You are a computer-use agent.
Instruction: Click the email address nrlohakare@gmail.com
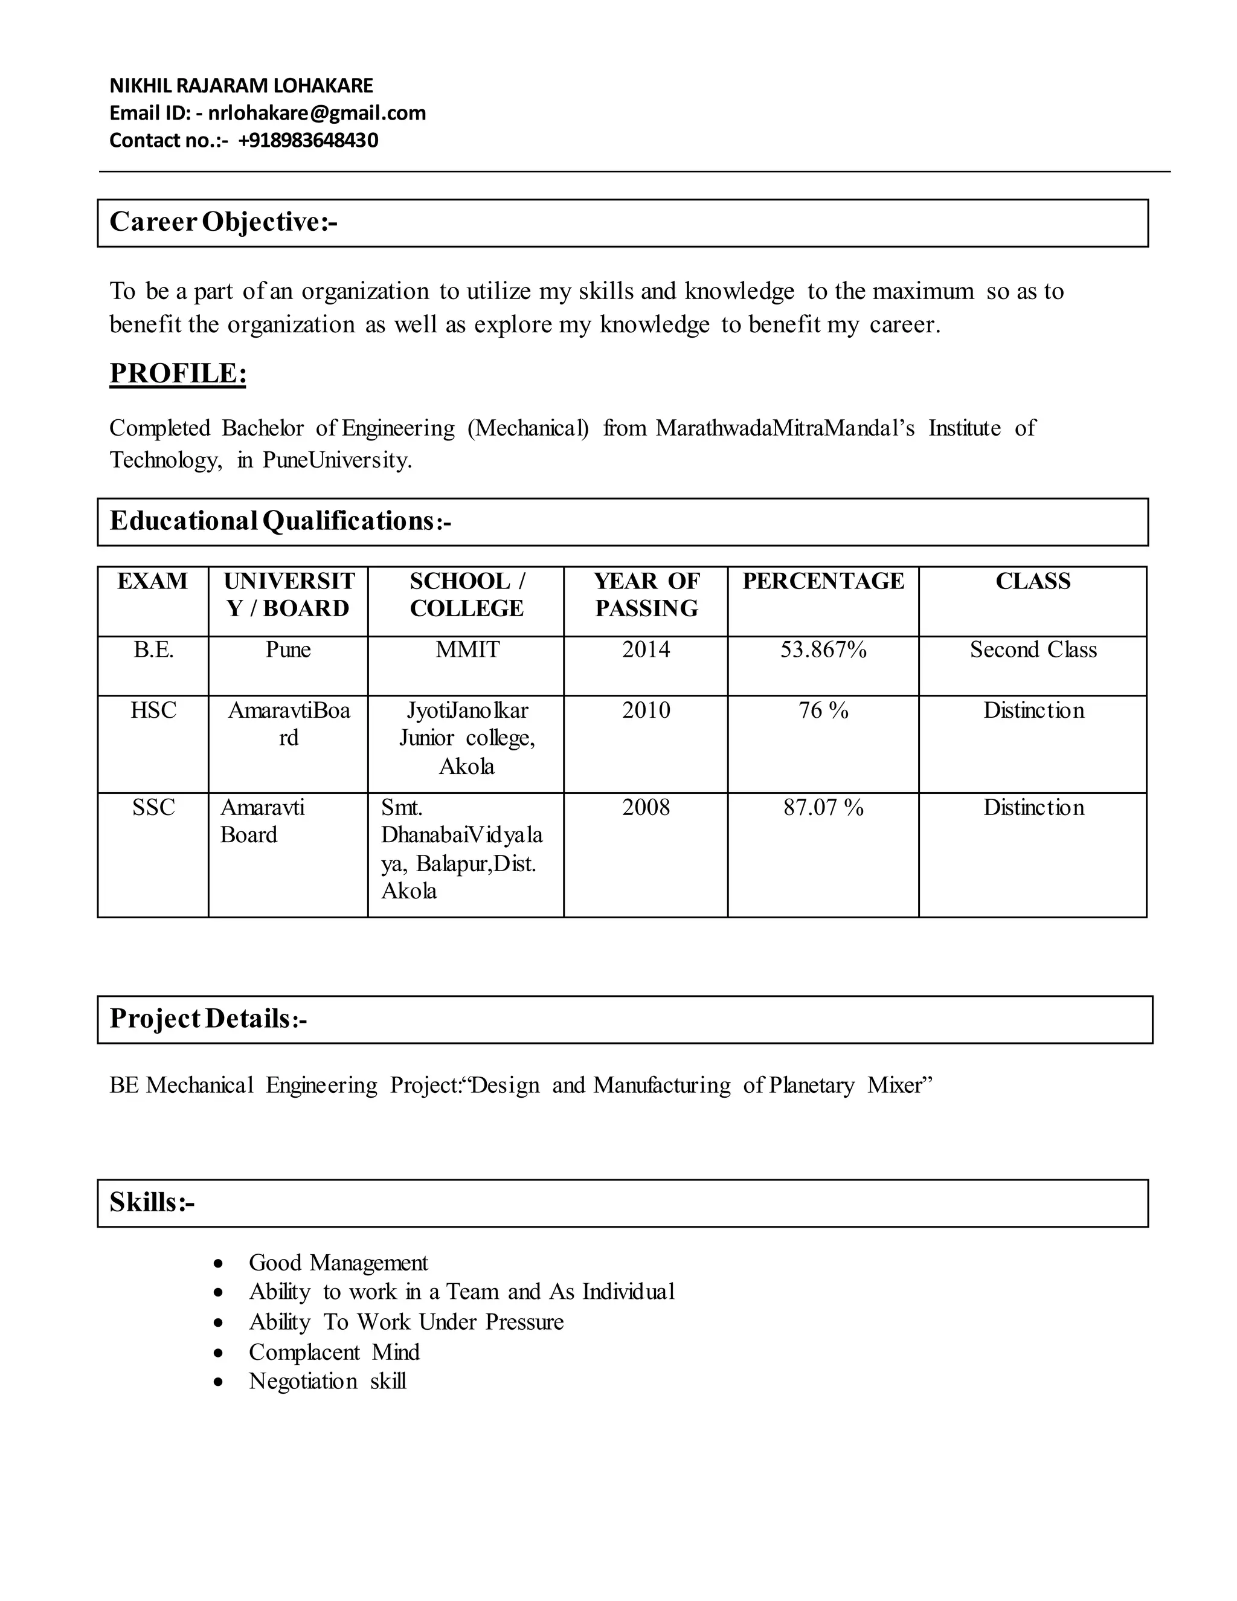click(316, 113)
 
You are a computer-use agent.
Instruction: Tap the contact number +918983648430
click(308, 140)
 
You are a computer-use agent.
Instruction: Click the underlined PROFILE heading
click(178, 373)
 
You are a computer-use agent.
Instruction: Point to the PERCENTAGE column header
click(823, 581)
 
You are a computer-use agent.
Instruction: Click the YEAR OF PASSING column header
click(646, 594)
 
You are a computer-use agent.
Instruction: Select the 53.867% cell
click(823, 649)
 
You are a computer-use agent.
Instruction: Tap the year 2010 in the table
click(646, 710)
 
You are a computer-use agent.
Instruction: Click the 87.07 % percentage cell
click(823, 807)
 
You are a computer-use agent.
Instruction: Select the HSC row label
click(153, 710)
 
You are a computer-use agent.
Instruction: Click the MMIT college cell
click(467, 649)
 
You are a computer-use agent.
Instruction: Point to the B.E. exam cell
click(153, 649)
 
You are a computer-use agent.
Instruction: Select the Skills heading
click(152, 1203)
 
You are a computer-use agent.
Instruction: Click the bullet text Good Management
click(338, 1262)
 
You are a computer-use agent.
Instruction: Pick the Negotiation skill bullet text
click(327, 1381)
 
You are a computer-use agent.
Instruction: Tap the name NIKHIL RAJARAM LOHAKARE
click(241, 86)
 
